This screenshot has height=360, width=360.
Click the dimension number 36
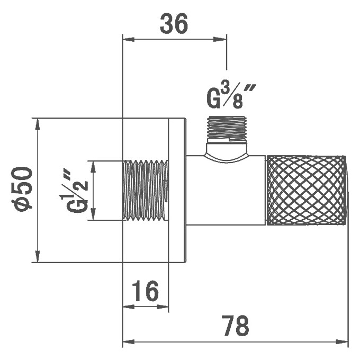click(x=174, y=23)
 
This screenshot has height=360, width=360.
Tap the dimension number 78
click(x=235, y=326)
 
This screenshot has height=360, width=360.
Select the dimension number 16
click(x=146, y=291)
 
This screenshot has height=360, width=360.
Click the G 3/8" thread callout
click(x=231, y=97)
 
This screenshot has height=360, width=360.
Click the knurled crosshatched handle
click(x=307, y=190)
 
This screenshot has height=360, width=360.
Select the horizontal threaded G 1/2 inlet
click(x=146, y=191)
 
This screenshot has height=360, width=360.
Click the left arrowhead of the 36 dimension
click(x=129, y=39)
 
